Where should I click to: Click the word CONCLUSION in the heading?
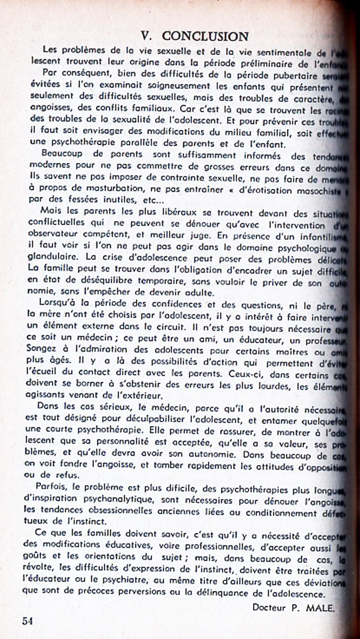click(205, 36)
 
